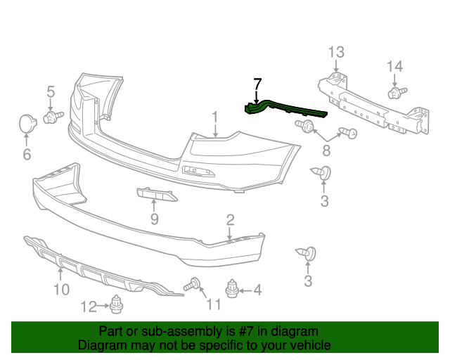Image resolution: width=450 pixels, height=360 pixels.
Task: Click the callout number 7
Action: coord(257,84)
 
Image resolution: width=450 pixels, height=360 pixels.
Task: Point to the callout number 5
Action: coord(51,91)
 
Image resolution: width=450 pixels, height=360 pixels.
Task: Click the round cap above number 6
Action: coord(28,124)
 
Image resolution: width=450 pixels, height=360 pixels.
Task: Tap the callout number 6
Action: coord(27,154)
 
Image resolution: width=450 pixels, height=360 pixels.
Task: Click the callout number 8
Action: coord(326,151)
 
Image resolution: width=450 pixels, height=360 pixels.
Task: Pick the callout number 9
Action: coord(154,219)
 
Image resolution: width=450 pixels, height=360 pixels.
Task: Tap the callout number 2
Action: coord(230,221)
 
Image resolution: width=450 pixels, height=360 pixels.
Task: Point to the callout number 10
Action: coord(61,290)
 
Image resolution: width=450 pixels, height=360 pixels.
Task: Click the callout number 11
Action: coord(213,304)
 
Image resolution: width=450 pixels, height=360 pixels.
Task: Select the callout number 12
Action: coord(88,306)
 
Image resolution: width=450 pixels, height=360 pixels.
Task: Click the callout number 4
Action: coord(257,289)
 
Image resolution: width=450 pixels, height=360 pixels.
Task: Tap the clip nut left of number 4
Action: coord(233,288)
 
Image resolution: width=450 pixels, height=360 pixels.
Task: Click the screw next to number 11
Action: coord(193,285)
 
